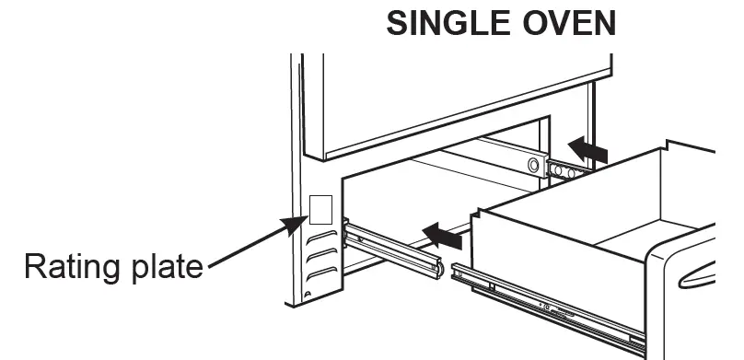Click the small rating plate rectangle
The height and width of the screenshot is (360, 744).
[x=320, y=209]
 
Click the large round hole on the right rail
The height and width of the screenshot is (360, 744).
[x=531, y=165]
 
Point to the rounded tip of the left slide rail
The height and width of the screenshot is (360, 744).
[x=439, y=270]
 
